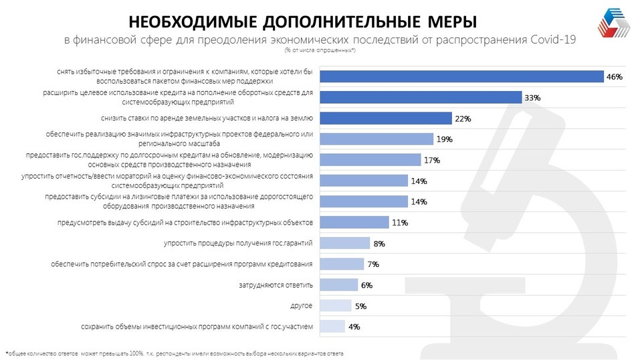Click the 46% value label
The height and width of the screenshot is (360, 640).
[x=614, y=77]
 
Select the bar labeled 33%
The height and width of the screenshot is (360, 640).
[x=421, y=98]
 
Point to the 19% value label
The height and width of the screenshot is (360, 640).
[x=444, y=139]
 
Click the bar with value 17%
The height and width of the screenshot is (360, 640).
[x=370, y=160]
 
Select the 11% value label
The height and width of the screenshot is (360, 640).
[x=400, y=222]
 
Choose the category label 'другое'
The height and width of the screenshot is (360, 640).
[x=302, y=306]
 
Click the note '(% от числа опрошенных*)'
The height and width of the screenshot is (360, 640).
[x=320, y=50]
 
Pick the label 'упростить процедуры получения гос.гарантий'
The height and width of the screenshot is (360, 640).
[x=239, y=243]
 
